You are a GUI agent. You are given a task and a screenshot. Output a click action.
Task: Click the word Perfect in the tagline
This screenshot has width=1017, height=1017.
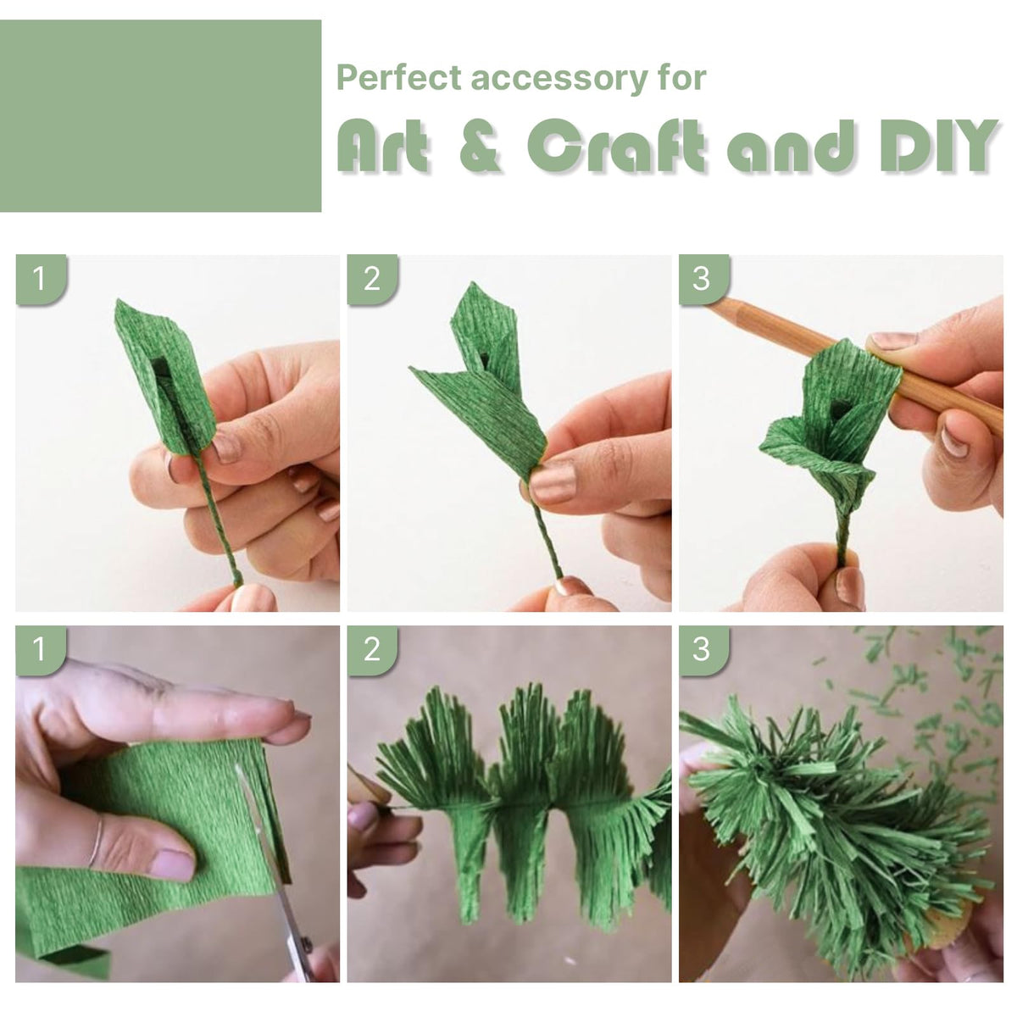pyautogui.click(x=399, y=78)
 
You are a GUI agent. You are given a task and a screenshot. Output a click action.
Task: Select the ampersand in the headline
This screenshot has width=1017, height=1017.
pyautogui.click(x=480, y=146)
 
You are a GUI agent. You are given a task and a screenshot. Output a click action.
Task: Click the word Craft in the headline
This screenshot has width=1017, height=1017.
pyautogui.click(x=616, y=145)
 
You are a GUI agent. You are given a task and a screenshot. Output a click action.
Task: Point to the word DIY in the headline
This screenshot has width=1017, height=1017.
pyautogui.click(x=938, y=145)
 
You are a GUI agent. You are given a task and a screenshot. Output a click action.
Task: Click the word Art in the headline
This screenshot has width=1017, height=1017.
pyautogui.click(x=382, y=146)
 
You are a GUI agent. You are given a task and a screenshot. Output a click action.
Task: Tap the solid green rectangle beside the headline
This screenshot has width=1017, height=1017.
pyautogui.click(x=160, y=116)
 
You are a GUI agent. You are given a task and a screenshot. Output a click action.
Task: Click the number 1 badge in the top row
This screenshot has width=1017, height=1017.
pyautogui.click(x=40, y=279)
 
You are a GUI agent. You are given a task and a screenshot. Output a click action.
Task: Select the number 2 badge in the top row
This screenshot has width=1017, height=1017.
pyautogui.click(x=372, y=279)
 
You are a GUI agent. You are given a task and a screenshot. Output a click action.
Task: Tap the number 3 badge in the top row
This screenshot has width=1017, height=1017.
pyautogui.click(x=703, y=279)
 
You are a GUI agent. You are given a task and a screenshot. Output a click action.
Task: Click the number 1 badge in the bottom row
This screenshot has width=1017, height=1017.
pyautogui.click(x=40, y=650)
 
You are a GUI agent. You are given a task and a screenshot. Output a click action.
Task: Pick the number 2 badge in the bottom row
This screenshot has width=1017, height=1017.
pyautogui.click(x=372, y=650)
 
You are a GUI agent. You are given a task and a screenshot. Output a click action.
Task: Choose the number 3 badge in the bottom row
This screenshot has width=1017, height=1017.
pyautogui.click(x=703, y=650)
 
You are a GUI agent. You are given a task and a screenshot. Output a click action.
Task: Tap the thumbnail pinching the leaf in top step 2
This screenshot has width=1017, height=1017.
pyautogui.click(x=553, y=481)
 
